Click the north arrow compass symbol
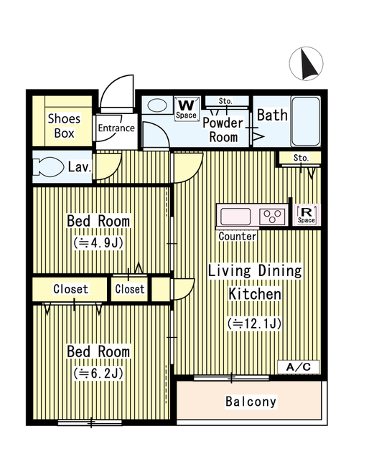306,63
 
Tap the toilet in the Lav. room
48,167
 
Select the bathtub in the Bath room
306,121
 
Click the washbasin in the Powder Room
157,105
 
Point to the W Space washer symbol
186,108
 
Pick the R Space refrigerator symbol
307,215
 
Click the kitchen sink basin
235,217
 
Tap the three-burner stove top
272,217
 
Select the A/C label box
299,366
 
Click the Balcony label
251,402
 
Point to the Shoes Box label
64,126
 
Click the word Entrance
116,128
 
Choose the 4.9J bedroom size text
98,242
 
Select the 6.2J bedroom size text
98,373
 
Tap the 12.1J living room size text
255,323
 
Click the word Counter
238,236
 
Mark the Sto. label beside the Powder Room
225,101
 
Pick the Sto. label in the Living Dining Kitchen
301,158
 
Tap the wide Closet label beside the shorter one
70,289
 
